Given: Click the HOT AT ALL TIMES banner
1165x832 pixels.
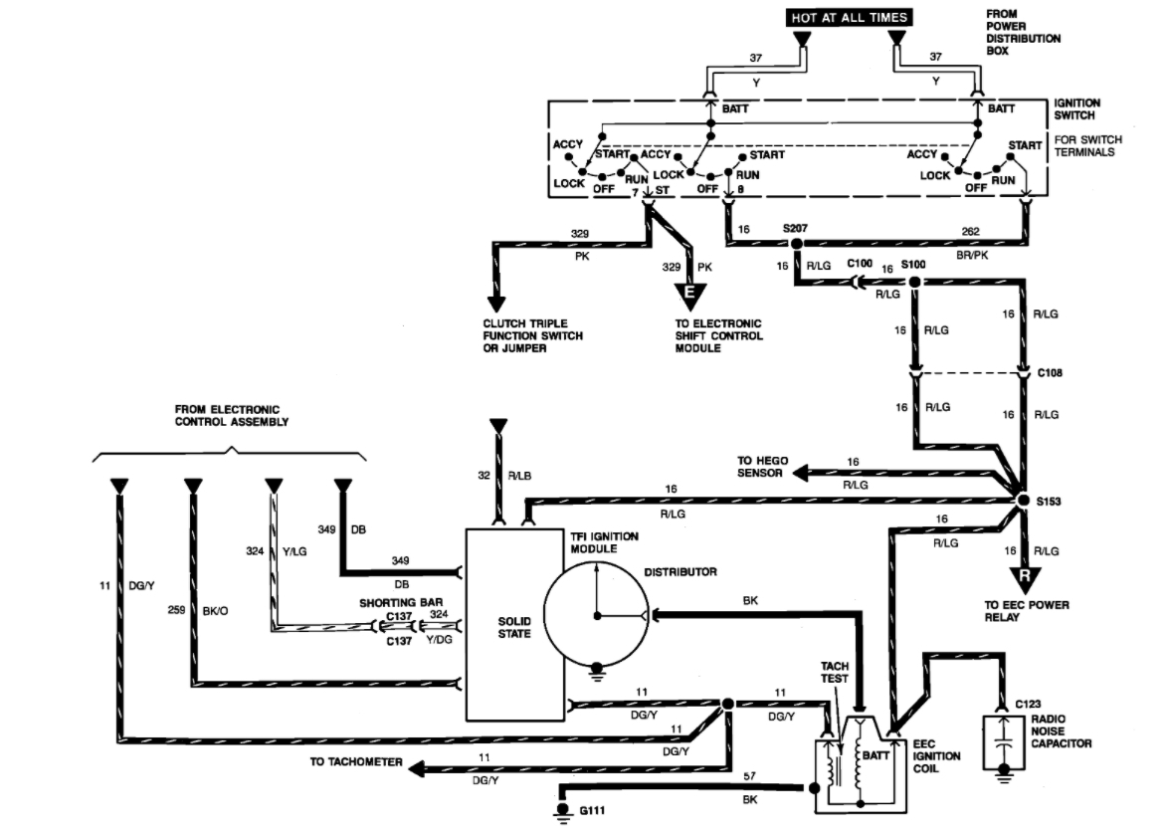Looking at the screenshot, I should (x=849, y=18).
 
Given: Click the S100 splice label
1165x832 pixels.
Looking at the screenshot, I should (x=912, y=266).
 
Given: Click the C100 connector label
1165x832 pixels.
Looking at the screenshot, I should (x=860, y=266).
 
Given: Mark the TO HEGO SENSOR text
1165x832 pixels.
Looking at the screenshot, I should (x=763, y=467).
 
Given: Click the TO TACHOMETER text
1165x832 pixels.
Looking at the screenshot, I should (x=355, y=762).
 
